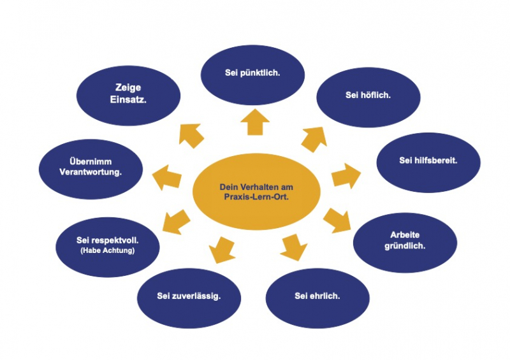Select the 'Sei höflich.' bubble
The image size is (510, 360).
click(x=368, y=95)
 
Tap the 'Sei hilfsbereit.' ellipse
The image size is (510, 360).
click(x=428, y=160)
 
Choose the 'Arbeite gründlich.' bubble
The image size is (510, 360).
click(x=404, y=240)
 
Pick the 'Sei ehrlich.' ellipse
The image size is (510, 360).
click(x=317, y=296)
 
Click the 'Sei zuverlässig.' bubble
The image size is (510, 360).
click(x=189, y=296)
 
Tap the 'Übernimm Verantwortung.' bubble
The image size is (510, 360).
click(x=91, y=167)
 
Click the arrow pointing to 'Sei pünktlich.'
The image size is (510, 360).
click(x=254, y=120)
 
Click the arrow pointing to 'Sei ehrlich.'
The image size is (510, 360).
click(x=293, y=247)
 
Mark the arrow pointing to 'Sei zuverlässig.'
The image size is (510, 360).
click(x=222, y=248)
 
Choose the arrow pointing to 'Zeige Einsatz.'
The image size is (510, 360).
click(x=191, y=134)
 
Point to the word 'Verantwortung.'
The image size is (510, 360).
click(x=91, y=172)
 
